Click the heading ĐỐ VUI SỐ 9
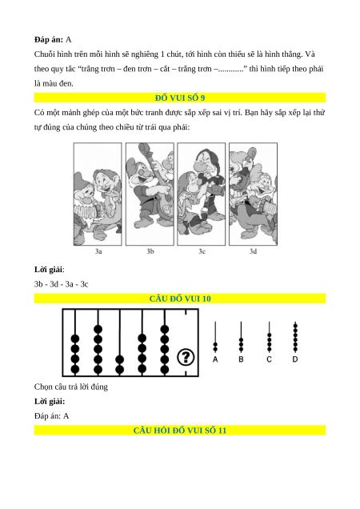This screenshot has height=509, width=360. click(x=180, y=98)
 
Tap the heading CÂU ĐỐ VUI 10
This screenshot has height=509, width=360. click(x=180, y=299)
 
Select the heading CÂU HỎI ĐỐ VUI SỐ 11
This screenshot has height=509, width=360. click(x=180, y=431)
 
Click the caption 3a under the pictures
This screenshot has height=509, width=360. click(x=98, y=251)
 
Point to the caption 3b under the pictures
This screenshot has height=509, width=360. click(x=150, y=251)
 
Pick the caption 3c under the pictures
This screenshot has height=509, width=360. click(x=202, y=251)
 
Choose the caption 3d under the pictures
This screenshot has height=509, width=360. click(x=254, y=251)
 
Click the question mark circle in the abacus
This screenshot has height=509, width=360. click(x=186, y=357)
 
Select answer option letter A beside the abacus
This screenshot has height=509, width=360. click(x=215, y=359)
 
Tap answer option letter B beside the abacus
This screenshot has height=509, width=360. click(x=241, y=359)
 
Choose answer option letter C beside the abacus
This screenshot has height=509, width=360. click(x=269, y=359)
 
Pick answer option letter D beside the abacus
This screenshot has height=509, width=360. click(x=295, y=359)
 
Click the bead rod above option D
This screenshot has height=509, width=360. click(x=295, y=337)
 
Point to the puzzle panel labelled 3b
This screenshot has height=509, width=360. click(x=150, y=194)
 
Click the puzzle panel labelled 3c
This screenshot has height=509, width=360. click(x=202, y=194)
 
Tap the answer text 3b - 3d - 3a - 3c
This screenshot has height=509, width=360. click(x=61, y=284)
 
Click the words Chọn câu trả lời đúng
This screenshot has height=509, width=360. click(x=70, y=387)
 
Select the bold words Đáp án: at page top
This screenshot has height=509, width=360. click(x=49, y=40)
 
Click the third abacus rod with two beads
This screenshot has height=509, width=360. click(x=120, y=343)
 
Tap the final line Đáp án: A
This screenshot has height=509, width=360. click(x=52, y=416)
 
